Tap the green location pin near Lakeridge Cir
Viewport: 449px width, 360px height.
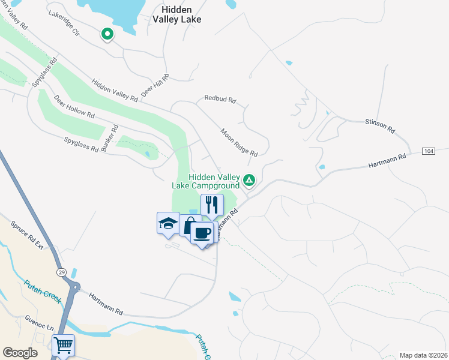[x=107, y=34]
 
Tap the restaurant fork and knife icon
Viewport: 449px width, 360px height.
[x=212, y=205]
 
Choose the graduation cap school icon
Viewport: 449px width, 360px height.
[x=168, y=224]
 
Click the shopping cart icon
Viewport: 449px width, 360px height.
[x=63, y=346]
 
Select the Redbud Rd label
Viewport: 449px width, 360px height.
[x=220, y=98]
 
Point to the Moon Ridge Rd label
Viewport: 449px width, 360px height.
[x=238, y=142]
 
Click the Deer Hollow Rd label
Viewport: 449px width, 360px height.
[x=74, y=106]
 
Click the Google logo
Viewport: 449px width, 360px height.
[x=20, y=353]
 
